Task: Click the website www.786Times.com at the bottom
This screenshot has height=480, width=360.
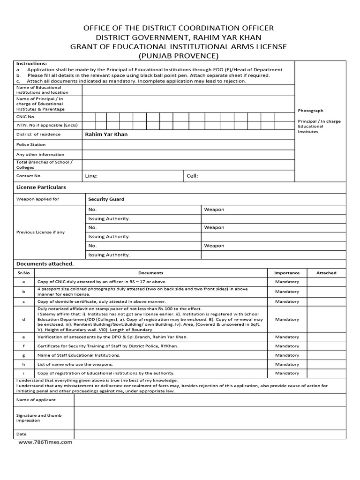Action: [45, 442]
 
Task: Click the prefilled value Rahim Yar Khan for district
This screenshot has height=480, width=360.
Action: [106, 134]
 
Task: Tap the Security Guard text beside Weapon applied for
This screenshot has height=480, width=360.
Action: [106, 199]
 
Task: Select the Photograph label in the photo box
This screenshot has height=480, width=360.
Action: [310, 111]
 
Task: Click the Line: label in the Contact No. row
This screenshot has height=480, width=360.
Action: [91, 176]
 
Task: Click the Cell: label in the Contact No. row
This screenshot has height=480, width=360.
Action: [193, 176]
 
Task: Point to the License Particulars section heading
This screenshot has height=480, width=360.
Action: [41, 187]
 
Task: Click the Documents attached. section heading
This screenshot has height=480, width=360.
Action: [45, 264]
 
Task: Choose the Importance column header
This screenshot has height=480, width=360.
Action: [286, 273]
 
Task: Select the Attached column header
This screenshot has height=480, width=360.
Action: [326, 273]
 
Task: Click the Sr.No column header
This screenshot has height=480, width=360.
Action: [23, 273]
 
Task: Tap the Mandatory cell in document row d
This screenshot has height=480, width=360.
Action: [287, 319]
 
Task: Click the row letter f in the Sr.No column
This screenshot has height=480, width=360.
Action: [23, 346]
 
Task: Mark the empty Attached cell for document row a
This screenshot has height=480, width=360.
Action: [326, 282]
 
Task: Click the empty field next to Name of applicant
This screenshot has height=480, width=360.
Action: [210, 399]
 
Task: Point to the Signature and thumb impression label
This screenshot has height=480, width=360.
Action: [39, 418]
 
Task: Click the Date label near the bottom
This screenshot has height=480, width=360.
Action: [21, 434]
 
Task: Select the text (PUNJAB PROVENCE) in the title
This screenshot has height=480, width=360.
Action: [178, 56]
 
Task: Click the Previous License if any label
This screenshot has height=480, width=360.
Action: [40, 232]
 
